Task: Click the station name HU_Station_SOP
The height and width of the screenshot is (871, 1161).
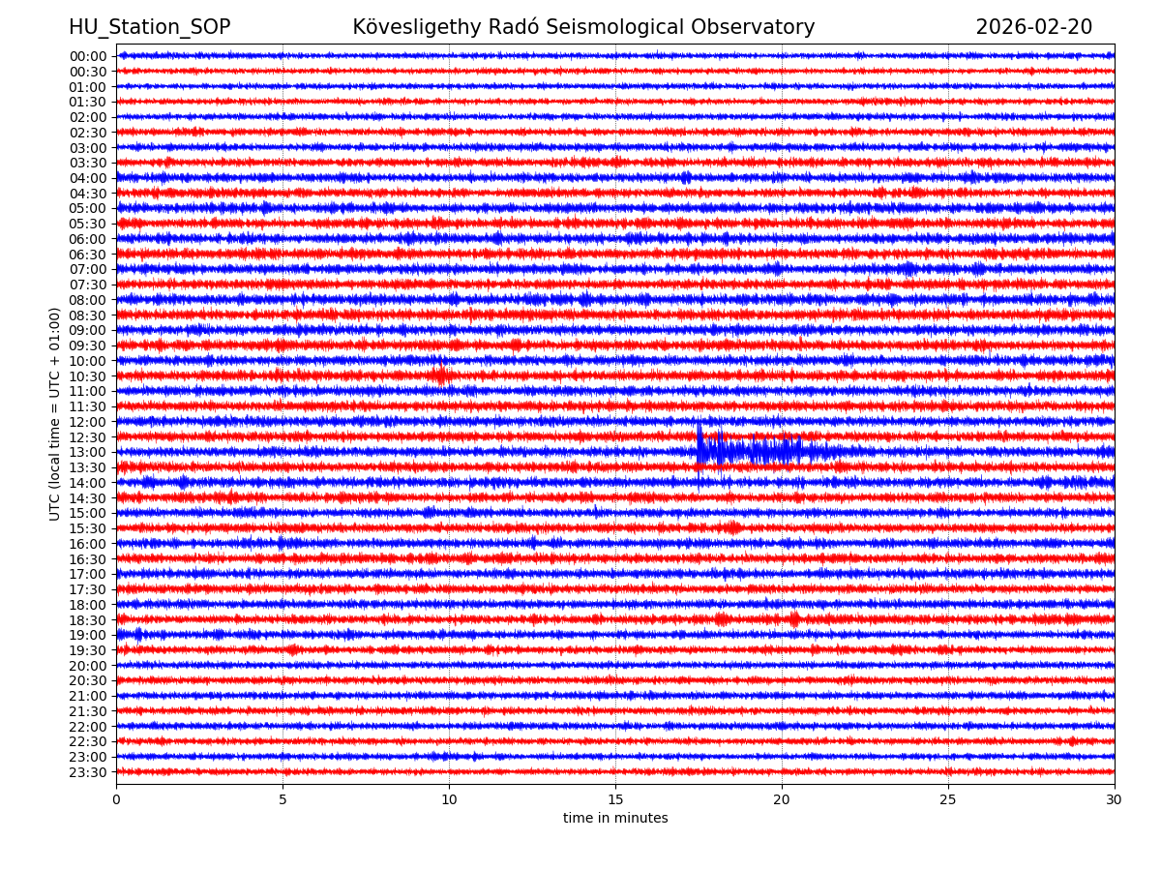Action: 149,28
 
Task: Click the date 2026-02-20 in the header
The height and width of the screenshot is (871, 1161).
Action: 1033,28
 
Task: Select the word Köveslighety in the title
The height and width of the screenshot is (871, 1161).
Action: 413,28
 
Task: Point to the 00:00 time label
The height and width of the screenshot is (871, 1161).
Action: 88,56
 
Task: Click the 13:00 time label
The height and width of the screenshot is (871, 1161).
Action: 88,452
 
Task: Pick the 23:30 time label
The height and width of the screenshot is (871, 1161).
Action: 88,772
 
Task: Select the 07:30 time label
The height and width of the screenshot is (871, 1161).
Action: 88,285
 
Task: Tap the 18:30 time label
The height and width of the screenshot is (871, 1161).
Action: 88,620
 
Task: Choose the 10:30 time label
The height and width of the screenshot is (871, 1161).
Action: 88,376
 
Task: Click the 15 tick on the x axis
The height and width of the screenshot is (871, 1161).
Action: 615,800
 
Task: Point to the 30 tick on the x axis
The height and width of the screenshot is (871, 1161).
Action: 1115,800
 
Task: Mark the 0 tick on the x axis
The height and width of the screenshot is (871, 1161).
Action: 116,800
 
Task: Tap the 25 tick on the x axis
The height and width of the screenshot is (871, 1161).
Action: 948,800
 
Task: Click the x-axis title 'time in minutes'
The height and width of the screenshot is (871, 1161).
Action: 615,819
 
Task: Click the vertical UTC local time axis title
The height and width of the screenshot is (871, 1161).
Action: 55,413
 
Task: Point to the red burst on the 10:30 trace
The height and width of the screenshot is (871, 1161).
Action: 441,375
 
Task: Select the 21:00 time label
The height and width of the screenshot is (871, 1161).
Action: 88,696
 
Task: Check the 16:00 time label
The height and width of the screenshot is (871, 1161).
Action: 88,544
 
